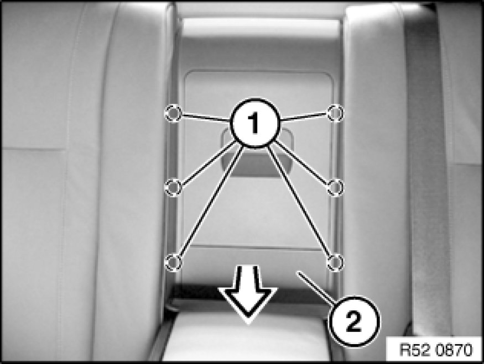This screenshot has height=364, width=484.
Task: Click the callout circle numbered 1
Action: coord(255,123)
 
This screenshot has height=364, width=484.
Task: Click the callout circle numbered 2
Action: coord(354,321)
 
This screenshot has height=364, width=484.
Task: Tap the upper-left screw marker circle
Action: coord(173,113)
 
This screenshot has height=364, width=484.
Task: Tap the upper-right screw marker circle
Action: coord(335,113)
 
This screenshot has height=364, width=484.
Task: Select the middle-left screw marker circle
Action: coord(173,187)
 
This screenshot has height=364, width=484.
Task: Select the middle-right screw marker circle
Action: coord(335,187)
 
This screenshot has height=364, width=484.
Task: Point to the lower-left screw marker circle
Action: coord(174,262)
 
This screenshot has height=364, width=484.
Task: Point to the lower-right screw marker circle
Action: coord(335,262)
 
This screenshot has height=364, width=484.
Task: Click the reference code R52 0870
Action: coord(436,350)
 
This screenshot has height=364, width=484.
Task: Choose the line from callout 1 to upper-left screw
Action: coord(206,117)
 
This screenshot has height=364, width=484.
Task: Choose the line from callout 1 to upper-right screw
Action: coord(304,117)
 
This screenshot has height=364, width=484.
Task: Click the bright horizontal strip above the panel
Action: coord(261,27)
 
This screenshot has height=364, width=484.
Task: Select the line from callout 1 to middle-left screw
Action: coord(207,162)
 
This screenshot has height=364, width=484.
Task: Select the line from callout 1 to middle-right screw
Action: coord(301,162)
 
